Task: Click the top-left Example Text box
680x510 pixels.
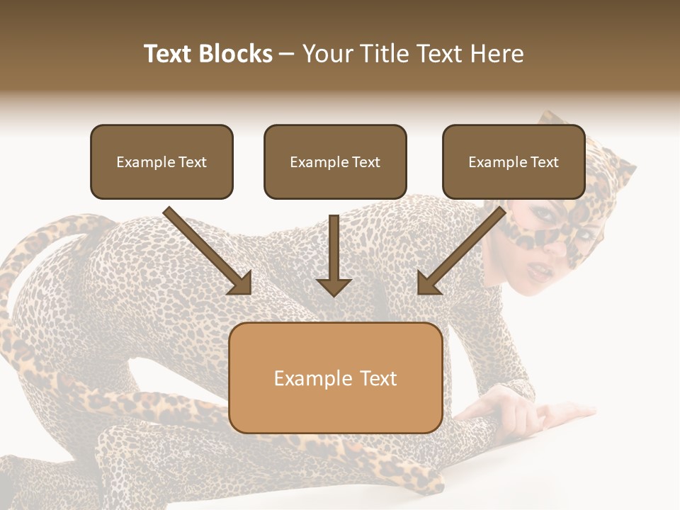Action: [x=161, y=161]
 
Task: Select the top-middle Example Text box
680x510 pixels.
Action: [x=335, y=161]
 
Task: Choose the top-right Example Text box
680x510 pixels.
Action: [x=514, y=161]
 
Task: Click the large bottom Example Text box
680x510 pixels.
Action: [x=335, y=378]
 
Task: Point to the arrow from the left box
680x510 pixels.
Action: [x=209, y=251]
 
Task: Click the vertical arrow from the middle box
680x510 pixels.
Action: [x=334, y=255]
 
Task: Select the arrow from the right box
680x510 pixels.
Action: [x=461, y=251]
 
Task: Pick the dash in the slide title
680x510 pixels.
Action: [x=287, y=54]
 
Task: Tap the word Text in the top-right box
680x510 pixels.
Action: [x=544, y=162]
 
